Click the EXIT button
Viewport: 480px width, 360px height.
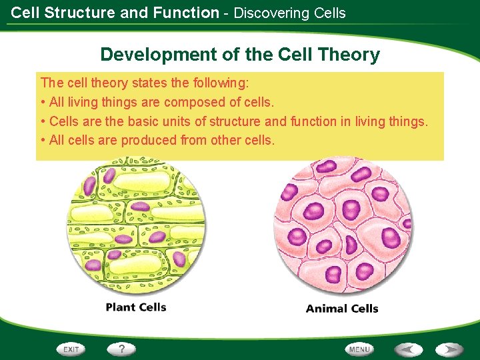coord(71,349)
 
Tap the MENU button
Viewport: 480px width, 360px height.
coord(359,349)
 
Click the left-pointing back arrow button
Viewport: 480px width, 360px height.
coord(407,349)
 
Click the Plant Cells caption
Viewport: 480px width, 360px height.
coord(136,307)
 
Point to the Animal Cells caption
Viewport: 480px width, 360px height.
coord(342,309)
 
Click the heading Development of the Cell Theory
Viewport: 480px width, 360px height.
coord(240,55)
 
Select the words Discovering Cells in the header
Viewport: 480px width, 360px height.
coord(289,13)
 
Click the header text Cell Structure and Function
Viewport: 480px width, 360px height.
coord(115,13)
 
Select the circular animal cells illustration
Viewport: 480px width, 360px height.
coord(343,226)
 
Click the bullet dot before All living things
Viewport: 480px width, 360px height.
coord(43,103)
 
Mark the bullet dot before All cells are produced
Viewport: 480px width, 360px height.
coord(43,141)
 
